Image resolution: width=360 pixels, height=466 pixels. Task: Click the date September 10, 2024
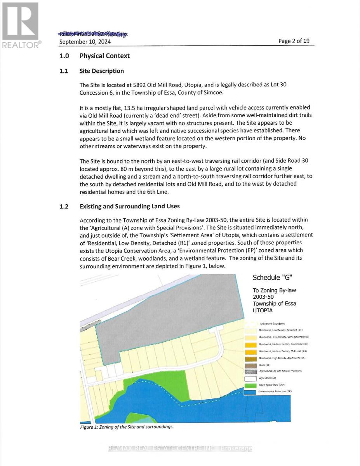pos(85,42)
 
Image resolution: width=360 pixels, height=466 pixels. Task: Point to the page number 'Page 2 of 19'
pos(294,41)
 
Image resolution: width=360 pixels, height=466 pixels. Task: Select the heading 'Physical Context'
pos(104,56)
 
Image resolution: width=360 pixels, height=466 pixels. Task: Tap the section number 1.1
pos(64,71)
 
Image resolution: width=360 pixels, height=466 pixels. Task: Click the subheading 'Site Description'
pos(101,71)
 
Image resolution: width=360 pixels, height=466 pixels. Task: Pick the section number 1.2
pos(64,206)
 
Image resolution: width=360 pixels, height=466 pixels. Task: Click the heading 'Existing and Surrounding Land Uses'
pos(129,206)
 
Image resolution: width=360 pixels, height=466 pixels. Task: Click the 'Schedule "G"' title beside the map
pos(271,278)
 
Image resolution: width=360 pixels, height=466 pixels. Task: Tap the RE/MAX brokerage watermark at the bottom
pos(180,449)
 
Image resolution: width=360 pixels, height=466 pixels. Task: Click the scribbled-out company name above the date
pos(93,34)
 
